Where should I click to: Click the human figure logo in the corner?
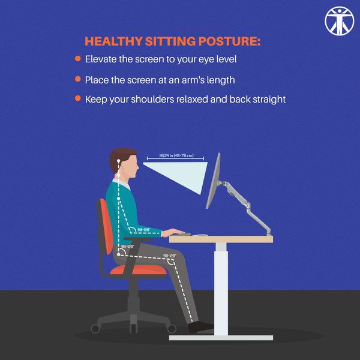pyautogui.click(x=340, y=20)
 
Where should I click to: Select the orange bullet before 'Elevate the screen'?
pyautogui.click(x=78, y=59)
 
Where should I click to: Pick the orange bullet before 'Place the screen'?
pyautogui.click(x=78, y=79)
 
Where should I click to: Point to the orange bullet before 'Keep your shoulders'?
pyautogui.click(x=78, y=98)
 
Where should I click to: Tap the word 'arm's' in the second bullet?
pyautogui.click(x=185, y=79)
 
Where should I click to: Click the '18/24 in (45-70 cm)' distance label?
pyautogui.click(x=176, y=156)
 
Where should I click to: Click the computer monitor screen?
pyautogui.click(x=213, y=180)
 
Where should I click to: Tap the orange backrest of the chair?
pyautogui.click(x=106, y=225)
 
